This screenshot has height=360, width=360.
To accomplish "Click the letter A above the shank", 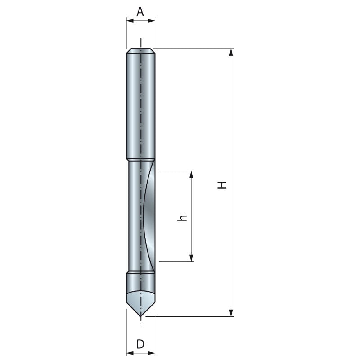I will point(140,12).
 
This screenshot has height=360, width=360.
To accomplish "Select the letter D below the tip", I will point(140,344).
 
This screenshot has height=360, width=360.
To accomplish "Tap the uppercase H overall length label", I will point(222,184).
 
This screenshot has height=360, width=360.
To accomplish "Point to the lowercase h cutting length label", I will point(182,217).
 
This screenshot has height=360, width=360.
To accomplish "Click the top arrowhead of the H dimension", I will point(231,52).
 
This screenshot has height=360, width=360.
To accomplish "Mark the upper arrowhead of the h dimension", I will point(192,174).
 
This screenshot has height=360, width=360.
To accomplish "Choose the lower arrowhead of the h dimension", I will point(192,258).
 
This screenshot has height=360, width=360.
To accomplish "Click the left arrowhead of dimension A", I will point(129,20).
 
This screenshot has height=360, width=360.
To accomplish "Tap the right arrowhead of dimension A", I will point(152,20).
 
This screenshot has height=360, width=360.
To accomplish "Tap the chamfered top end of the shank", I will point(141,51).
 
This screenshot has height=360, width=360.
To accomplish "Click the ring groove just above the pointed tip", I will point(140,272).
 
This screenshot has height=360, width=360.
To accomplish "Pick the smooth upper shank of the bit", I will point(140,103).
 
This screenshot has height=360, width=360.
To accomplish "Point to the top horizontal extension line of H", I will point(193,48).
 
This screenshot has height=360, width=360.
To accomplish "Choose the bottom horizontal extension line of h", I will point(175,261).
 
